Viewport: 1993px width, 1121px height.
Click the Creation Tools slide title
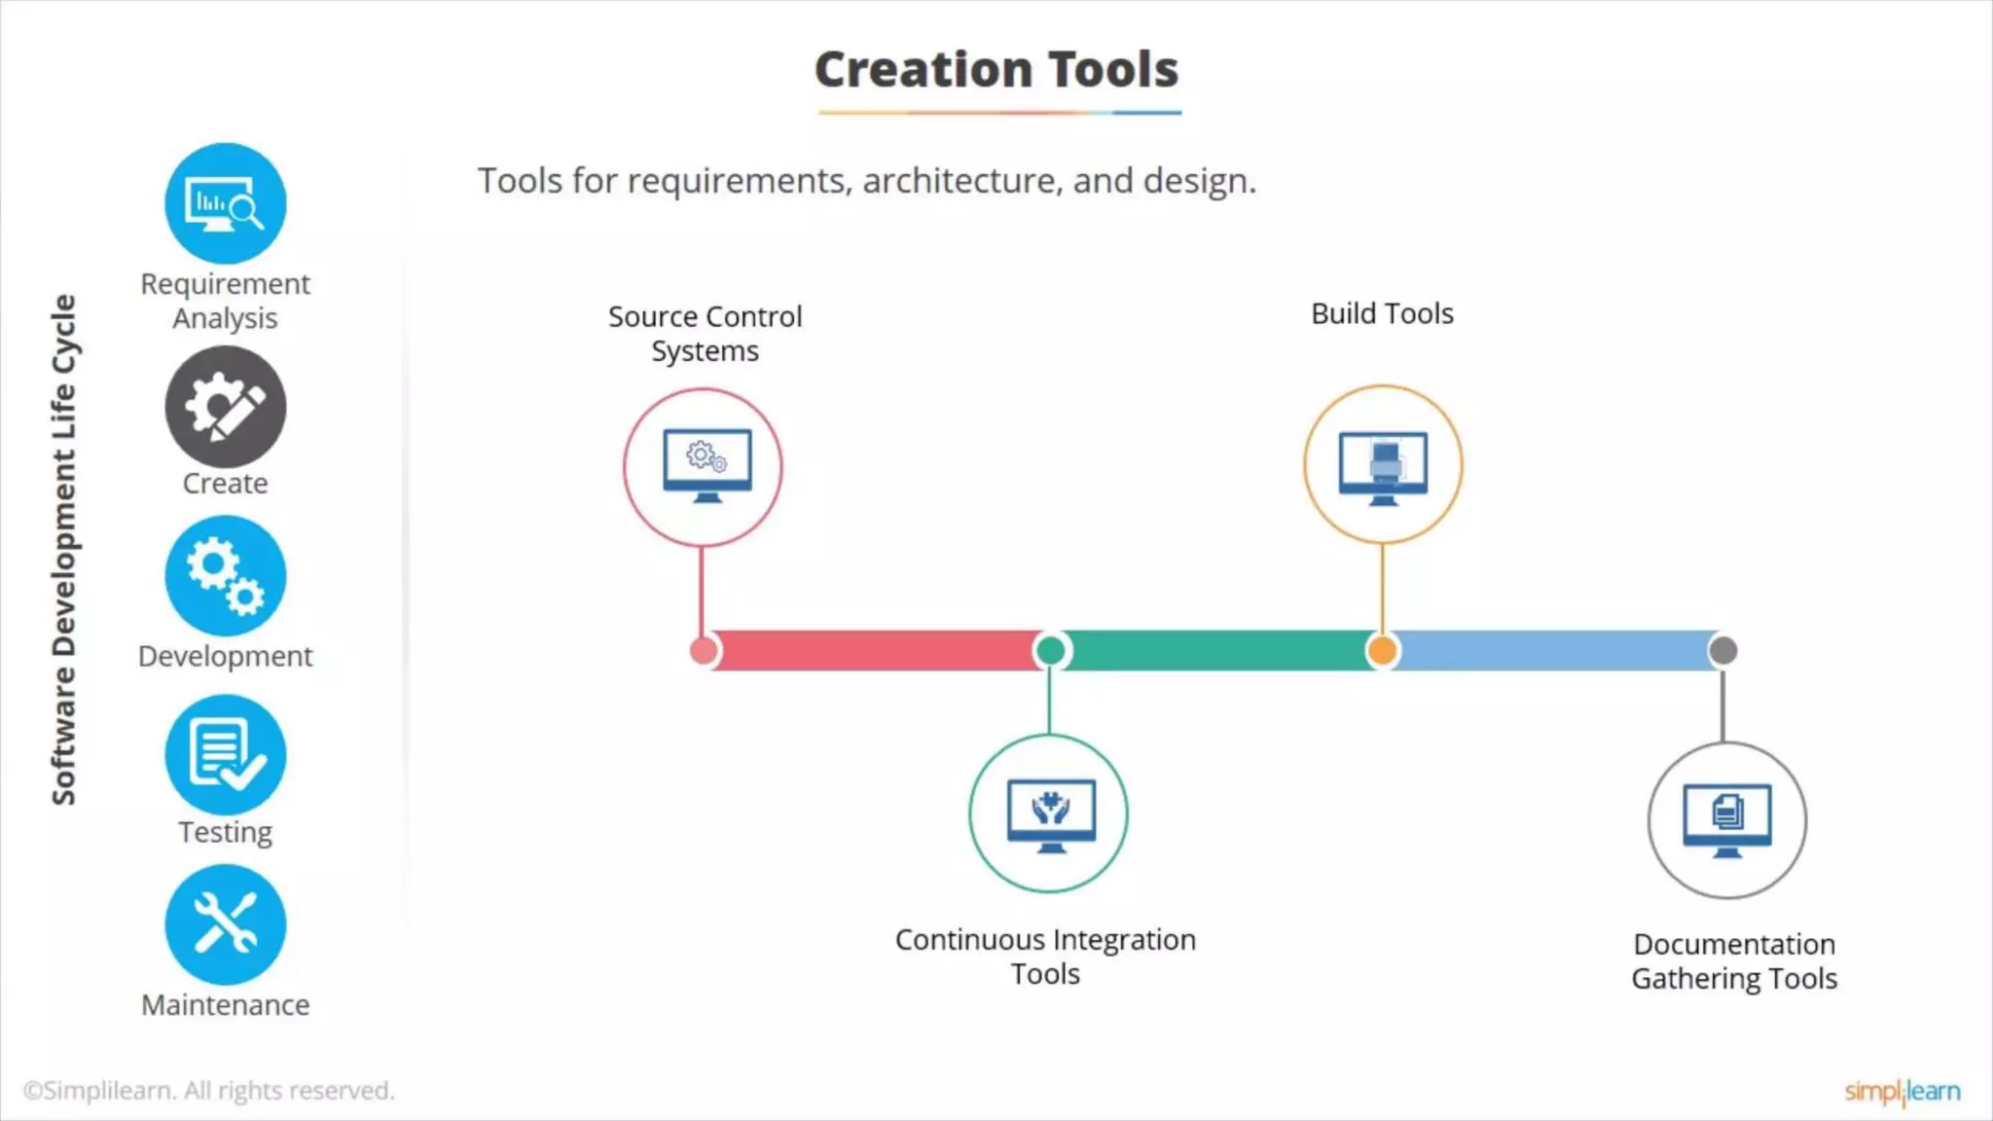996,70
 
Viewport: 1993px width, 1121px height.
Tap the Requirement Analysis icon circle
225,203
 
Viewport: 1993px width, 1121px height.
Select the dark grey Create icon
225,407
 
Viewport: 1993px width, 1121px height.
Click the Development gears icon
225,576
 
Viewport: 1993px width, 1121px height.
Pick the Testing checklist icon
225,754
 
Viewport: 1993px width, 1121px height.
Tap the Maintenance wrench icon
225,924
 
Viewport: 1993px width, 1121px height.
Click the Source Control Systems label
705,334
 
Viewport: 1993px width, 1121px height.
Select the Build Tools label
1382,314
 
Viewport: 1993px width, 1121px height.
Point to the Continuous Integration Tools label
1045,957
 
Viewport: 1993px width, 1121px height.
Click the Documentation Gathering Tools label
1734,961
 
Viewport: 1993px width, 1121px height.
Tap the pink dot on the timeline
703,650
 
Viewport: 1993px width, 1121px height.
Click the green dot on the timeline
1050,650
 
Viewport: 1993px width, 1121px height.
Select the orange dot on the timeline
1382,650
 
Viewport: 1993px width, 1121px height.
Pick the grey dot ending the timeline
1722,650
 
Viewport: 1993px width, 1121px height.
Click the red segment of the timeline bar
876,650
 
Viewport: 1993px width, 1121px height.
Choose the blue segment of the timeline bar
1552,650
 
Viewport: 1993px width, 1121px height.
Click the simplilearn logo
1902,1092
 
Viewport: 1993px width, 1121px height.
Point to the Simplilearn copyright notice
209,1091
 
